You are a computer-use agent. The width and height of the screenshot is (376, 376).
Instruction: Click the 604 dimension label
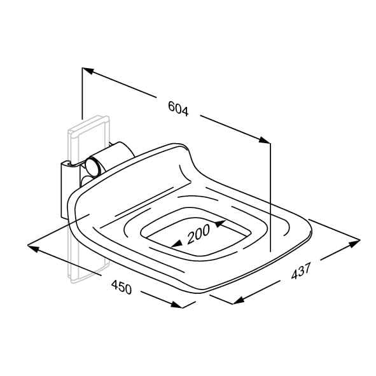pyautogui.click(x=178, y=109)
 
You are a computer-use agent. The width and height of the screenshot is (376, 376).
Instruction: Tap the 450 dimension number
pyautogui.click(x=122, y=287)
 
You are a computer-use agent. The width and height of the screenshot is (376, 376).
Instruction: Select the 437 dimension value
pyautogui.click(x=301, y=271)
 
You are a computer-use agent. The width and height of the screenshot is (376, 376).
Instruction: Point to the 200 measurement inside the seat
pyautogui.click(x=198, y=233)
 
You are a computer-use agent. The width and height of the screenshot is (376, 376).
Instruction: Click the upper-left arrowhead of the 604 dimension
pyautogui.click(x=88, y=71)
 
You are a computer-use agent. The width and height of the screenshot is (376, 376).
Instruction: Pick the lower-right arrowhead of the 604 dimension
pyautogui.click(x=265, y=140)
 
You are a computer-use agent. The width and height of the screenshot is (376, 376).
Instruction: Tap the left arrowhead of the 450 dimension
pyautogui.click(x=33, y=248)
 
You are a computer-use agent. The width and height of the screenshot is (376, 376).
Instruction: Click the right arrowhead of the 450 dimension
pyautogui.click(x=177, y=305)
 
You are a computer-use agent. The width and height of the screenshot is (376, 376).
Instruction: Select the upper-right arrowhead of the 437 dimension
pyautogui.click(x=354, y=244)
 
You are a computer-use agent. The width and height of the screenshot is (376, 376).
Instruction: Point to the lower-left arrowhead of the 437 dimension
pyautogui.click(x=239, y=300)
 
